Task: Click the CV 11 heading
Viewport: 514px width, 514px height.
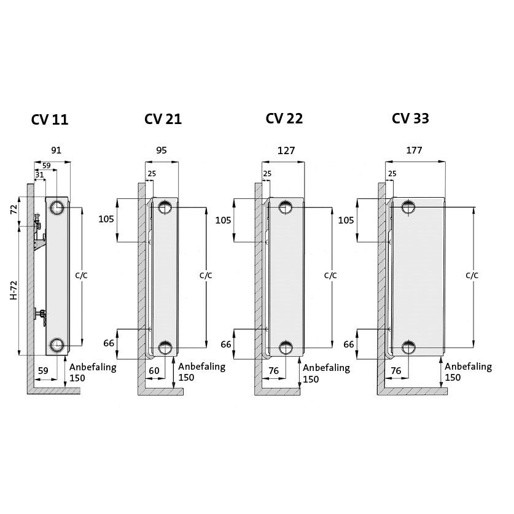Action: pyautogui.click(x=50, y=120)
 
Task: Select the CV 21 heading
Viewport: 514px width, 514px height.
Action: pyautogui.click(x=163, y=119)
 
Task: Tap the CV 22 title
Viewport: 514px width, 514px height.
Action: pyautogui.click(x=284, y=119)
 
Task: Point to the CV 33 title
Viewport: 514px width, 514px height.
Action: pyautogui.click(x=410, y=119)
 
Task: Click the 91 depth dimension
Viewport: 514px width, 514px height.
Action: pyautogui.click(x=56, y=150)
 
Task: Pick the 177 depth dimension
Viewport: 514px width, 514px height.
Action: pyautogui.click(x=414, y=150)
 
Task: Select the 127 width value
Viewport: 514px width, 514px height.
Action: pyautogui.click(x=286, y=150)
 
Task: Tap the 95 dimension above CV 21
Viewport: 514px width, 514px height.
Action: pyautogui.click(x=162, y=150)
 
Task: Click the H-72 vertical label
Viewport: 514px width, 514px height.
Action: pyautogui.click(x=14, y=290)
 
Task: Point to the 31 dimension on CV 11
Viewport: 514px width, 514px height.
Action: pyautogui.click(x=39, y=175)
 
